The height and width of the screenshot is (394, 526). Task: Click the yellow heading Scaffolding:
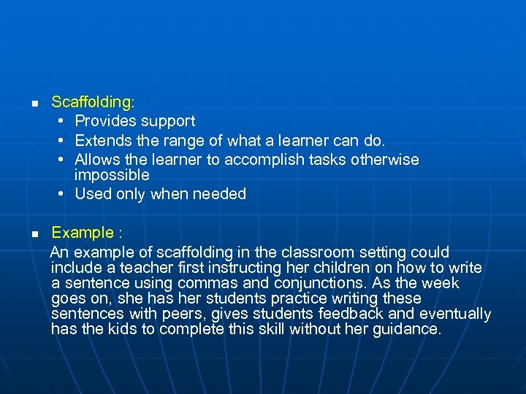click(x=93, y=103)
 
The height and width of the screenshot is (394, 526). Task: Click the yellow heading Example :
click(x=86, y=233)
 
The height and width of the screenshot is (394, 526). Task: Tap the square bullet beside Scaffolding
click(x=34, y=104)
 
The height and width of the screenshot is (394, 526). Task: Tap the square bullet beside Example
click(x=34, y=234)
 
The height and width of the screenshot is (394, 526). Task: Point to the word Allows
click(x=98, y=159)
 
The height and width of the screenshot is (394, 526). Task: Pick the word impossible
click(x=112, y=175)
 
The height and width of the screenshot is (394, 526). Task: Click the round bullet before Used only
click(x=63, y=194)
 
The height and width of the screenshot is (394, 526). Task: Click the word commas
click(x=237, y=283)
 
